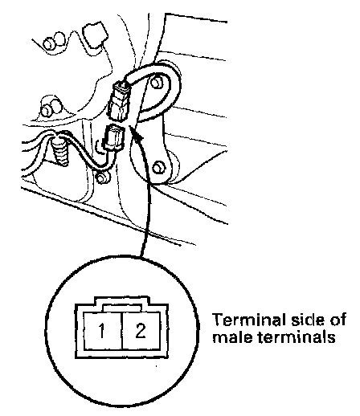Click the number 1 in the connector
click(x=101, y=330)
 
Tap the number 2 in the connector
click(x=141, y=330)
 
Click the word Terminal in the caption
click(x=247, y=320)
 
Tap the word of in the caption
click(x=338, y=320)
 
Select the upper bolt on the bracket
click(x=157, y=83)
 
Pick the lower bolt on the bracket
click(x=158, y=168)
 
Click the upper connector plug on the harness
click(x=119, y=101)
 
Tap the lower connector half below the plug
click(x=114, y=137)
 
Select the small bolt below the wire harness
click(x=102, y=177)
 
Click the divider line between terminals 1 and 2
click(x=122, y=331)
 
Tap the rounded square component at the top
click(x=95, y=35)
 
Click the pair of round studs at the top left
click(x=55, y=41)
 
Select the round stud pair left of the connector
click(x=51, y=108)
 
